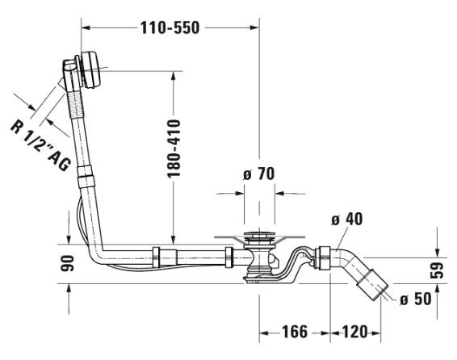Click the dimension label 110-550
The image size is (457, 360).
[x=170, y=28]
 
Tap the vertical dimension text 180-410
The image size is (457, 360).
[x=174, y=148]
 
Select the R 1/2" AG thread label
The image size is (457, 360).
[x=40, y=145]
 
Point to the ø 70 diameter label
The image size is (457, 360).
[x=259, y=174]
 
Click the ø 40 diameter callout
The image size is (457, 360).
[x=347, y=219]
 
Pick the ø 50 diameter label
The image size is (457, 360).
[x=416, y=299]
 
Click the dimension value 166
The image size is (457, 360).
[x=295, y=332]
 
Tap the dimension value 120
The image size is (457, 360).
[x=354, y=332]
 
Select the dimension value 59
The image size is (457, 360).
[x=437, y=270]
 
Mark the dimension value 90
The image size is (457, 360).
[x=67, y=263]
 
